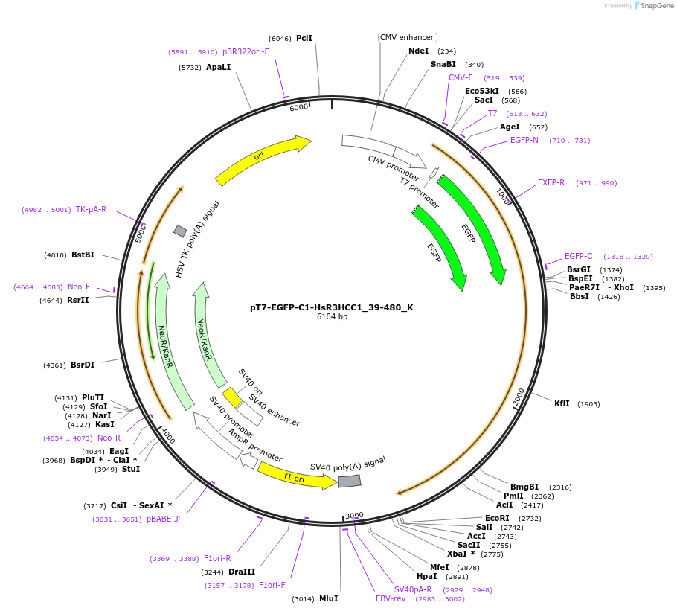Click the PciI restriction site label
[304, 38]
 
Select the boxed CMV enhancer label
[407, 37]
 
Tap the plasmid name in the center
[331, 307]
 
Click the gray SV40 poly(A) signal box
[349, 481]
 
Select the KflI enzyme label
[562, 404]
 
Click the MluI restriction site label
[328, 598]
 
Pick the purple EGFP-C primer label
[578, 256]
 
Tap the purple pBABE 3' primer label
[163, 519]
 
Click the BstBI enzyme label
[83, 255]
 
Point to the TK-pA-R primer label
[91, 209]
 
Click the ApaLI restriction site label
[218, 67]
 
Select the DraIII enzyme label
[242, 572]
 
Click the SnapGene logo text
[657, 5]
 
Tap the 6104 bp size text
[332, 317]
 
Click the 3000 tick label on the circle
[354, 515]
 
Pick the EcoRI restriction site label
[497, 518]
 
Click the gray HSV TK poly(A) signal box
[180, 231]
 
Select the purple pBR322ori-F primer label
[246, 52]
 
